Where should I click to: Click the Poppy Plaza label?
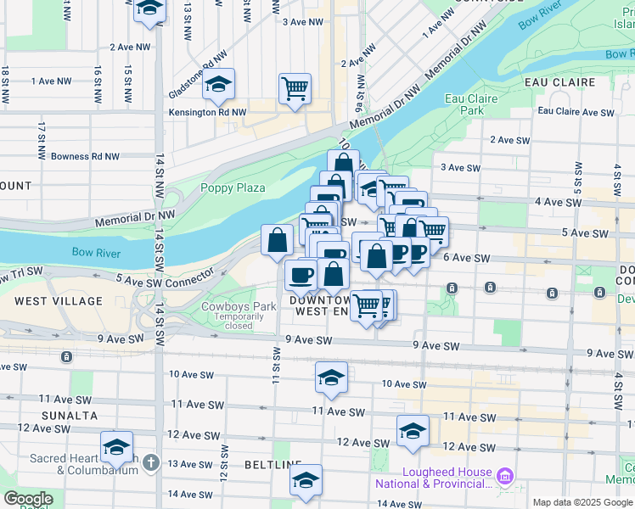[x=233, y=188]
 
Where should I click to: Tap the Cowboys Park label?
[x=239, y=307]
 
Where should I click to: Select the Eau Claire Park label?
[x=471, y=104]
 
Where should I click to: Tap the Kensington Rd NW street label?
[x=207, y=112]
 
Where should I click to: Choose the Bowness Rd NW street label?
[x=85, y=156]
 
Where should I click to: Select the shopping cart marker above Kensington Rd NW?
[x=295, y=88]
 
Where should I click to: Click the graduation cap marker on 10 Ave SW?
[x=331, y=378]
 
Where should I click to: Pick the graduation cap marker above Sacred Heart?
[x=116, y=447]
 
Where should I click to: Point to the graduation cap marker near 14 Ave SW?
[x=306, y=481]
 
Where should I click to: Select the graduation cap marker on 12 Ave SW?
[x=413, y=431]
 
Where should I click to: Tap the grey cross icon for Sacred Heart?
[x=151, y=462]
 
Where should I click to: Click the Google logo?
[x=27, y=499]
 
